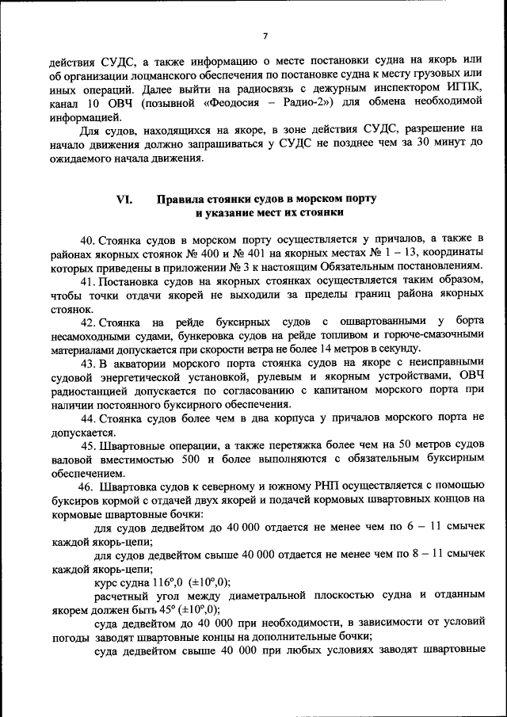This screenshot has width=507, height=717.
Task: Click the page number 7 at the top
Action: coord(265,36)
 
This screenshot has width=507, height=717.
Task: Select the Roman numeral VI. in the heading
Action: coord(124,200)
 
